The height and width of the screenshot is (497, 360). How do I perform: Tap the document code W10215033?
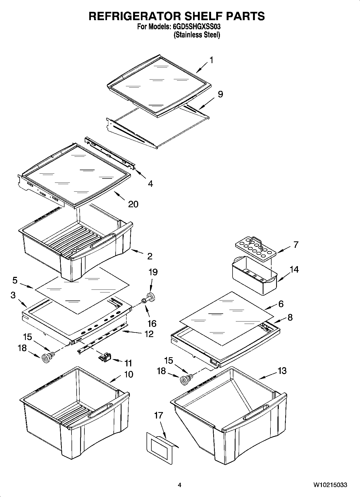click(x=330, y=485)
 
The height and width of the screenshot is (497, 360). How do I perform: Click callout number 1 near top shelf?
click(x=212, y=60)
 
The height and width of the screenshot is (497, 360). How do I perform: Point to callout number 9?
click(x=220, y=94)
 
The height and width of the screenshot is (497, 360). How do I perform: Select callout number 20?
click(x=133, y=204)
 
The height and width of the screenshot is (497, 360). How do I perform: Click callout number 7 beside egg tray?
click(x=296, y=245)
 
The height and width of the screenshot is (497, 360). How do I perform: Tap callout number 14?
click(x=294, y=269)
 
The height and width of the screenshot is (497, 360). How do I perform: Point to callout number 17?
click(x=158, y=415)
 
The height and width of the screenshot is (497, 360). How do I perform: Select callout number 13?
click(x=282, y=371)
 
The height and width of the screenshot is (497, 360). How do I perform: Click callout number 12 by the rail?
click(x=149, y=334)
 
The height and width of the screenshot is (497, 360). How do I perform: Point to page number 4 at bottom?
click(x=180, y=485)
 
